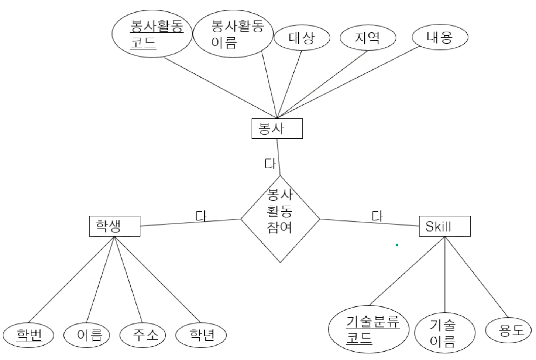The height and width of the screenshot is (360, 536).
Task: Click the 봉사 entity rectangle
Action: tap(277, 128)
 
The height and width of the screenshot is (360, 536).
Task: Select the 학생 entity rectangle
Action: tap(114, 226)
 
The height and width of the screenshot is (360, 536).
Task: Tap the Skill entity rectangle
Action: tap(445, 226)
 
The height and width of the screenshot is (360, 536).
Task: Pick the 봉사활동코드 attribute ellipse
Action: tap(152, 34)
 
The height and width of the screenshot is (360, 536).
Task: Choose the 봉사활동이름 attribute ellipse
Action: tap(233, 34)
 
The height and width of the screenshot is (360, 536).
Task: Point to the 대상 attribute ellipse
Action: tap(302, 38)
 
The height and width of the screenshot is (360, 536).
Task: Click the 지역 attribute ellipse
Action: tap(368, 38)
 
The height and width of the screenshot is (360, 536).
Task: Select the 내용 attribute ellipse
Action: tap(440, 37)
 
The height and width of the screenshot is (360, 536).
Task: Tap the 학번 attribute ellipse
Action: tap(29, 335)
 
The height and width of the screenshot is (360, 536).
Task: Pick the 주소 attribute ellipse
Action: tap(143, 335)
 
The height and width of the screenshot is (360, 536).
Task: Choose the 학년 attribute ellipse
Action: tap(201, 335)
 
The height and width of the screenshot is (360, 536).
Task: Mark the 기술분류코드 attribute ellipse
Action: tap(368, 329)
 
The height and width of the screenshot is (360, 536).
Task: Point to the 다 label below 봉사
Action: tap(270, 164)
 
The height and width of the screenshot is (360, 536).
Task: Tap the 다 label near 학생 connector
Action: tap(200, 216)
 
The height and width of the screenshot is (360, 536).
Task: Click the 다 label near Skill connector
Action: tap(377, 216)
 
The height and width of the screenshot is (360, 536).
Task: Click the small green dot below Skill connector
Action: tap(397, 245)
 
